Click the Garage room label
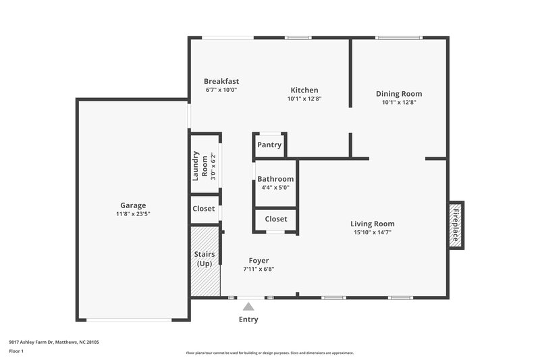[x=133, y=205]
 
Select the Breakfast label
[x=221, y=82]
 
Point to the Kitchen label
[x=304, y=91]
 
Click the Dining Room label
[x=399, y=94]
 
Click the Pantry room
[x=269, y=145]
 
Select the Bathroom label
[x=275, y=179]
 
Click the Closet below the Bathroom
[x=275, y=219]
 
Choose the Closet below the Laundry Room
[x=204, y=209]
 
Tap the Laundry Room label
[x=200, y=166]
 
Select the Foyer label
[x=259, y=260]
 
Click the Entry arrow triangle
[x=248, y=307]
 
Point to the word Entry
[x=248, y=319]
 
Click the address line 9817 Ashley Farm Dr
[x=54, y=342]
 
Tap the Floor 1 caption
[x=16, y=352]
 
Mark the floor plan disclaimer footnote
[x=269, y=353]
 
